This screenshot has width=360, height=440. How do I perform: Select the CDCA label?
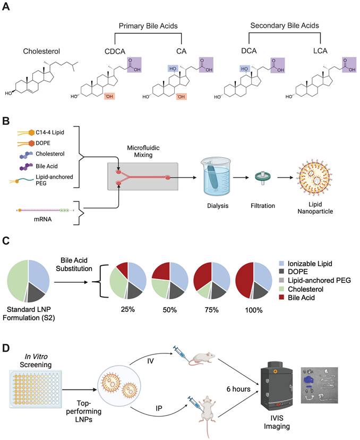pos(116,52)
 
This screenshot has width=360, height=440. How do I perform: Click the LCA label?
pos(322,52)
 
